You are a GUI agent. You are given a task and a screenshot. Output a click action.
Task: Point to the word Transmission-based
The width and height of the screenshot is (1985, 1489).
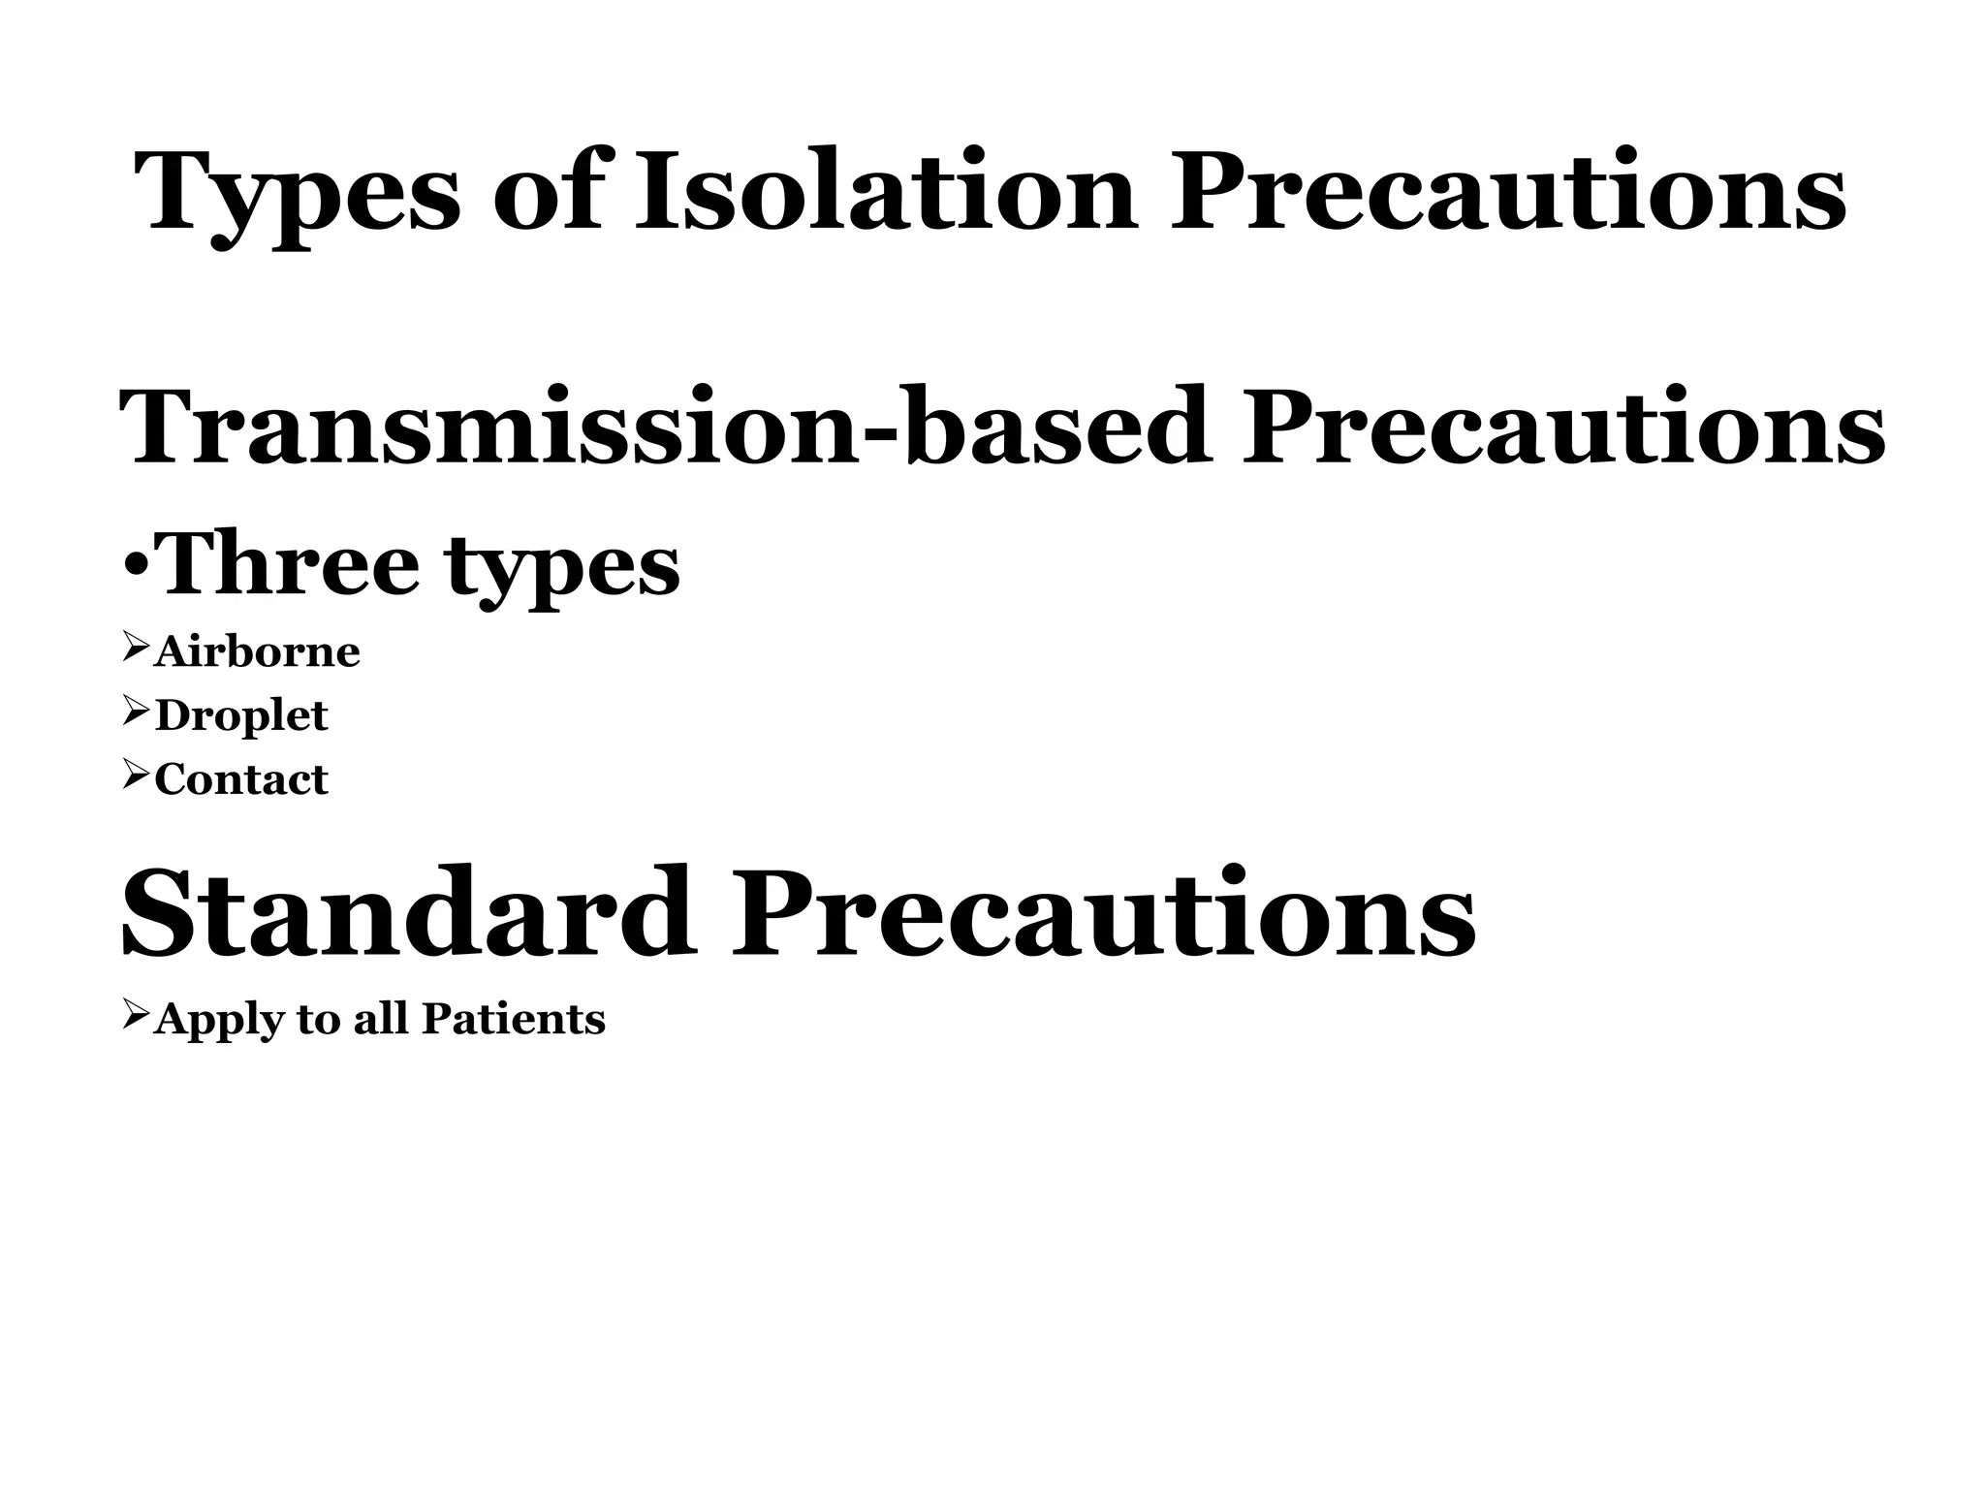(664, 427)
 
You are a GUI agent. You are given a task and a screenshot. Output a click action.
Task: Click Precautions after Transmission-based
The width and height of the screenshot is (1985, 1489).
(1563, 427)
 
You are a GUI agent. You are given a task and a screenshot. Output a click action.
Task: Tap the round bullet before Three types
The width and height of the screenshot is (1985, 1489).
(137, 564)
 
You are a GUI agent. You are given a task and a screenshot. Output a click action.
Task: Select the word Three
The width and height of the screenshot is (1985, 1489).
(289, 564)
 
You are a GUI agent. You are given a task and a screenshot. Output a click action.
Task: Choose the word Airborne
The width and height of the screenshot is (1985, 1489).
(257, 651)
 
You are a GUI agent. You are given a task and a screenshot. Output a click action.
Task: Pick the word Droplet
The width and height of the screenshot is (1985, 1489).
(241, 716)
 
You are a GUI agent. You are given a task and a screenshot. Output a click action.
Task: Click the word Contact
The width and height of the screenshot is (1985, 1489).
(241, 779)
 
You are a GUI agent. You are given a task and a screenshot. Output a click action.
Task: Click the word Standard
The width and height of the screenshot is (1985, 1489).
(408, 913)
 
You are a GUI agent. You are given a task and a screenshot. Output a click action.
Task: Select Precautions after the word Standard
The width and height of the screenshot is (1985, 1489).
(1103, 913)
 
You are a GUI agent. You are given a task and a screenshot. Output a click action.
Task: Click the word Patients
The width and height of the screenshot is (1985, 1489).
(514, 1019)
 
